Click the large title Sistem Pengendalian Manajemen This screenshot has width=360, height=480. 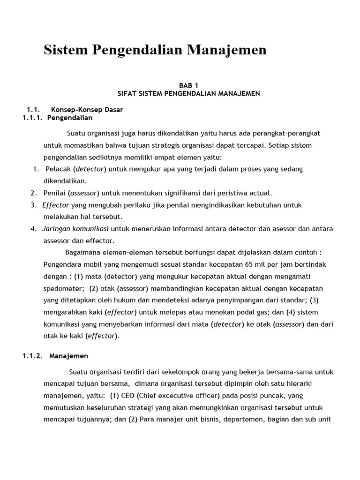pos(155,50)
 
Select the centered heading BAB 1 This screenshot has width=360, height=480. pos(188,85)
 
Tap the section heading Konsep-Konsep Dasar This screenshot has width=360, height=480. pos(87,110)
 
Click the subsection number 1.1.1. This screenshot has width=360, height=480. pos(33,118)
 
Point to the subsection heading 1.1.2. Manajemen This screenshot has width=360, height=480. pos(55,356)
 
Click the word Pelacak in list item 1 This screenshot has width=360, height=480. pos(58,169)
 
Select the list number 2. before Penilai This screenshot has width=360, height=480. pos(34,193)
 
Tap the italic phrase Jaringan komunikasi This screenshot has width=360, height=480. pos(75,229)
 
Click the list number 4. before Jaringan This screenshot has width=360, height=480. pos(34,229)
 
